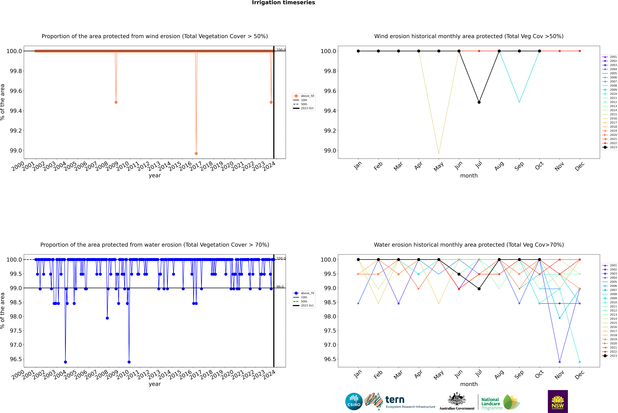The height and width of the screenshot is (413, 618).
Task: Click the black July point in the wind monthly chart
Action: tap(479, 102)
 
